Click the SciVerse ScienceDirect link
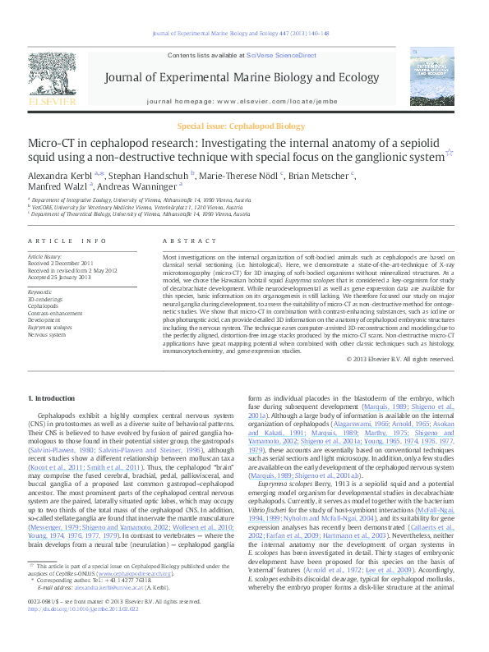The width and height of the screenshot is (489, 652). click(284, 55)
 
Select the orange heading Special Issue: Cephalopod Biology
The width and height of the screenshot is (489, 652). click(244, 126)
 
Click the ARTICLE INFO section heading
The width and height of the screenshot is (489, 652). click(67, 241)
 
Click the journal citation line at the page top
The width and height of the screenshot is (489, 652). click(244, 34)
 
